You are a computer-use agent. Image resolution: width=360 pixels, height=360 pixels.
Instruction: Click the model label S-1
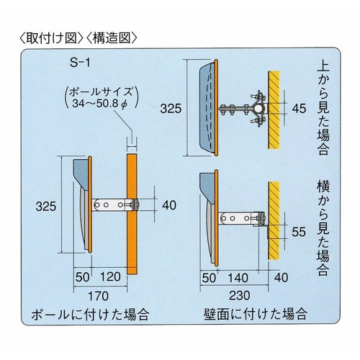pyautogui.click(x=80, y=63)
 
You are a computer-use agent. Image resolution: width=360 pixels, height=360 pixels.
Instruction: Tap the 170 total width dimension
pyautogui.click(x=99, y=296)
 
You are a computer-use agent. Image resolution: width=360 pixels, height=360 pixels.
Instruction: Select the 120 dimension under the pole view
pyautogui.click(x=110, y=276)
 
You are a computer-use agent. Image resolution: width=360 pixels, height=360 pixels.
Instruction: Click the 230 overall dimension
pyautogui.click(x=240, y=295)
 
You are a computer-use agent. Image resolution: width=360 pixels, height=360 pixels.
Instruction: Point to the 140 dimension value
pyautogui.click(x=238, y=278)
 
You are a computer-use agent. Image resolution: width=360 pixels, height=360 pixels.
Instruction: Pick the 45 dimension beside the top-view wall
pyautogui.click(x=299, y=109)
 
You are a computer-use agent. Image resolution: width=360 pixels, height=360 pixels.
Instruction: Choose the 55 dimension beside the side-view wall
pyautogui.click(x=299, y=232)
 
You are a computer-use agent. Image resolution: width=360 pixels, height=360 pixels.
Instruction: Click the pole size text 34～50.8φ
pyautogui.click(x=99, y=104)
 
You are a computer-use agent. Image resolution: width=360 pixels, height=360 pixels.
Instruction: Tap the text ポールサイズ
pyautogui.click(x=101, y=91)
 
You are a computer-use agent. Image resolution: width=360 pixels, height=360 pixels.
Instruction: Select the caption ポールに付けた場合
pyautogui.click(x=90, y=315)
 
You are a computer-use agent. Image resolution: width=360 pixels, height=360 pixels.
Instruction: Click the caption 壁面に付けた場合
pyautogui.click(x=256, y=314)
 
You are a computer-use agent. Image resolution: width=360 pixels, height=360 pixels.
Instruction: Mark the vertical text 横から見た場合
pyautogui.click(x=323, y=228)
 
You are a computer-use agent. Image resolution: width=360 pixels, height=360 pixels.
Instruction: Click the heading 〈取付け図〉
pyautogui.click(x=51, y=38)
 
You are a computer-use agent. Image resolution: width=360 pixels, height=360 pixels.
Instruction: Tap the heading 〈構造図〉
pyautogui.click(x=112, y=38)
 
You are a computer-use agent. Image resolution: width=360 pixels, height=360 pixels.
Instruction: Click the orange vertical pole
pyautogui.click(x=132, y=214)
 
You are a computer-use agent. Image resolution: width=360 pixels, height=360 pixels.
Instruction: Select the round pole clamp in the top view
pyautogui.click(x=258, y=109)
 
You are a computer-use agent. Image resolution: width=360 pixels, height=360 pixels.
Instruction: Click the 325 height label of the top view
pyautogui.click(x=171, y=109)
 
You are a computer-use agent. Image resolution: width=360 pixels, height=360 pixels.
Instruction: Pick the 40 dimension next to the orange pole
pyautogui.click(x=169, y=205)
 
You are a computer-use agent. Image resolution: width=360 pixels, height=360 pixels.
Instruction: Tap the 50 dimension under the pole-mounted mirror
pyautogui.click(x=82, y=277)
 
